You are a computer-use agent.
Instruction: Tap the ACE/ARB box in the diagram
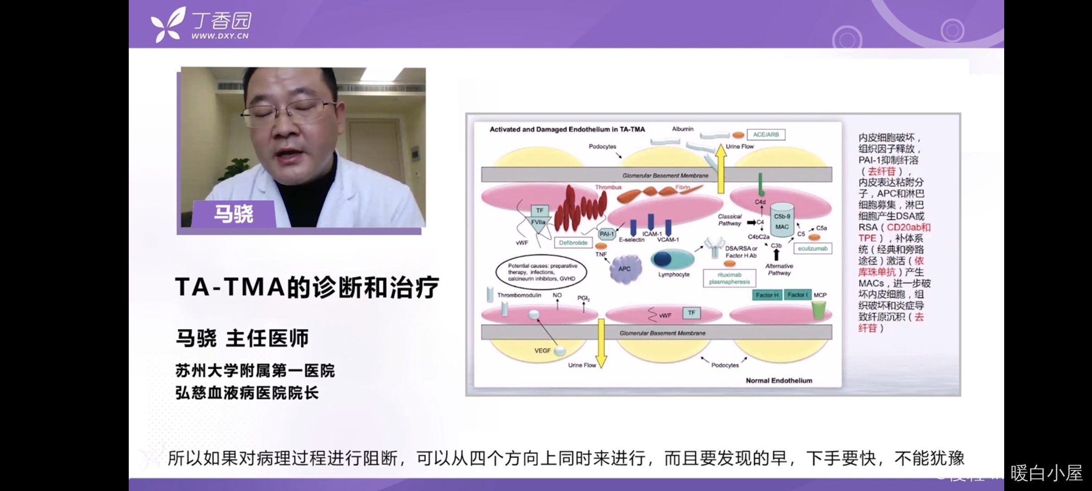pos(766,135)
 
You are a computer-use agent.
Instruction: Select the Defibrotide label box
pos(573,243)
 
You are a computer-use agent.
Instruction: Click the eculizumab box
pos(812,249)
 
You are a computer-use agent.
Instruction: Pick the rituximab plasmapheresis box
pos(729,278)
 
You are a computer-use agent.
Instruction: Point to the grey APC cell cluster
pos(625,269)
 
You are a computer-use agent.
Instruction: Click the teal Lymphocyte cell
pos(672,260)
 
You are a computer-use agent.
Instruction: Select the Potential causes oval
pos(541,272)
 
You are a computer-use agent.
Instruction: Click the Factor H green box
pos(767,295)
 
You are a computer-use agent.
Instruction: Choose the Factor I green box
pos(798,295)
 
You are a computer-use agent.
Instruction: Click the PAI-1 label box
pos(607,234)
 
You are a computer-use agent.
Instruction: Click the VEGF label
pos(542,351)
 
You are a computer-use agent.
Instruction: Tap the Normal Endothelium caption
pos(779,381)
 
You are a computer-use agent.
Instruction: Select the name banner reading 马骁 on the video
pos(233,214)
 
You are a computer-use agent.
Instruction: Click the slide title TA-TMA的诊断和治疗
pos(307,287)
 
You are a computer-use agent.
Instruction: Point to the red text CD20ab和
pos(908,227)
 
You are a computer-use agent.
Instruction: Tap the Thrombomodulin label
pos(519,295)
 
